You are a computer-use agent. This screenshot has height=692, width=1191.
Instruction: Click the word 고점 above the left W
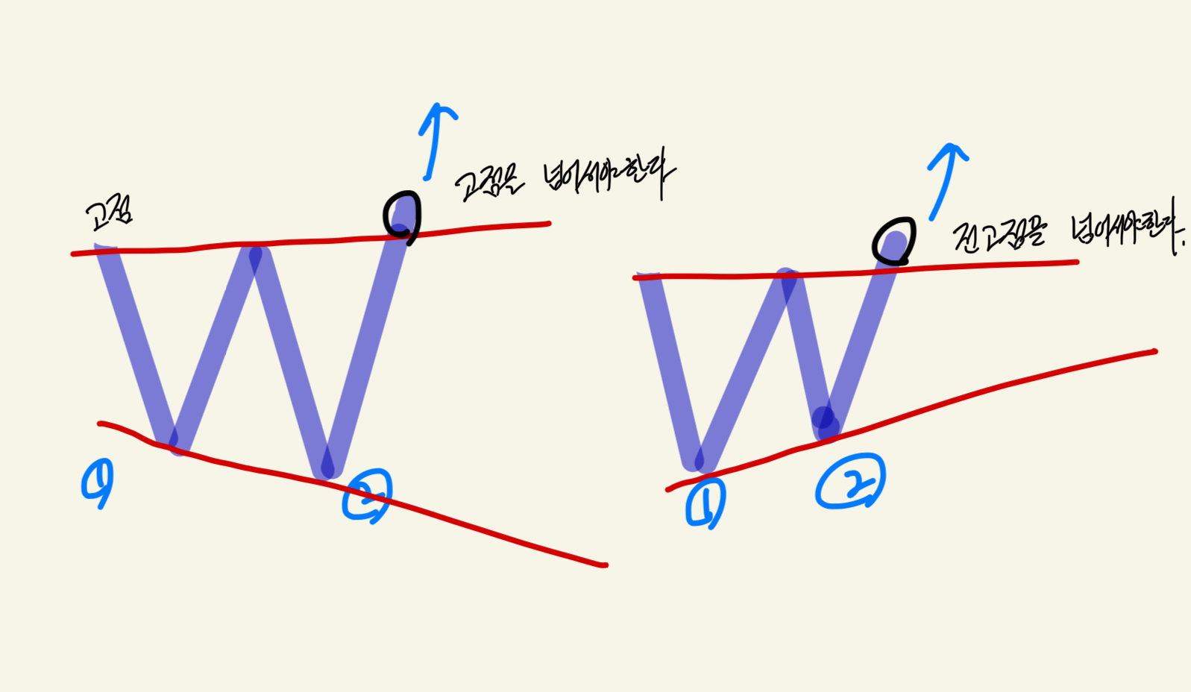109,215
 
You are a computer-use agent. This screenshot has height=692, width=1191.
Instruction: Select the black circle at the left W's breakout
403,218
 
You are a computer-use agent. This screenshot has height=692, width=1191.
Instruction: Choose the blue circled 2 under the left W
366,495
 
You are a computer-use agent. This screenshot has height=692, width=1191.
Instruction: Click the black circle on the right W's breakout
893,241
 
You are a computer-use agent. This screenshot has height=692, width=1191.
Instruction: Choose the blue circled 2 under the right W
850,483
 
